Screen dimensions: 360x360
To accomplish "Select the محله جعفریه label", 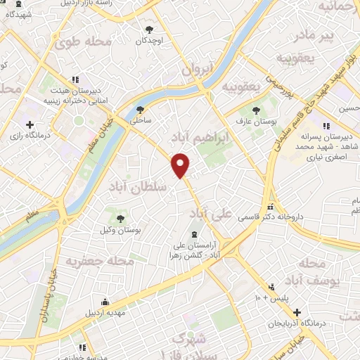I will (90, 262).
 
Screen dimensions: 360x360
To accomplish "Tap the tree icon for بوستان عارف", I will (256, 109).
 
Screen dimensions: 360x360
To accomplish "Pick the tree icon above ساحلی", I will (141, 108).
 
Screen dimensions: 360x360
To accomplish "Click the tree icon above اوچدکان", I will (149, 29).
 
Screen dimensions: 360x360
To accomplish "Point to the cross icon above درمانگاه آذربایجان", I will (297, 312).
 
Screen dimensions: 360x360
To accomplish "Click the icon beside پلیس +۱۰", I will (271, 287).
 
